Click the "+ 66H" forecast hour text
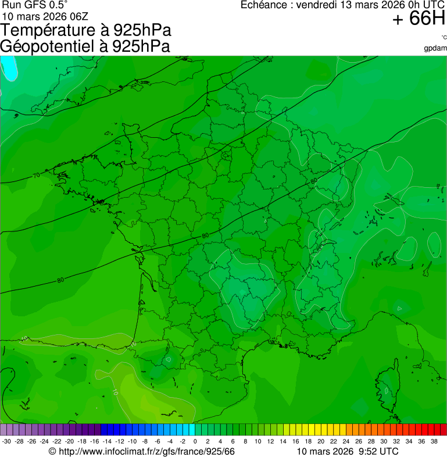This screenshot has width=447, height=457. click(419, 19)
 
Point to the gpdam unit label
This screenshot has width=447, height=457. click(435, 48)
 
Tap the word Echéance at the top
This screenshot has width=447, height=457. click(264, 5)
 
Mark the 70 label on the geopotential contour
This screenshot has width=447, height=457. click(36, 175)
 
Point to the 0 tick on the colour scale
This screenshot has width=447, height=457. click(195, 441)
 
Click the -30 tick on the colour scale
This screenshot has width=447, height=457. click(6, 441)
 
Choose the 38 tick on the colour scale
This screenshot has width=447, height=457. click(434, 441)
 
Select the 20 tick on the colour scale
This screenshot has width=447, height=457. click(320, 441)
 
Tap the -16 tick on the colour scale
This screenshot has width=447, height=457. click(94, 441)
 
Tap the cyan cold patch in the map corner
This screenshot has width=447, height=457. click(9, 67)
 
